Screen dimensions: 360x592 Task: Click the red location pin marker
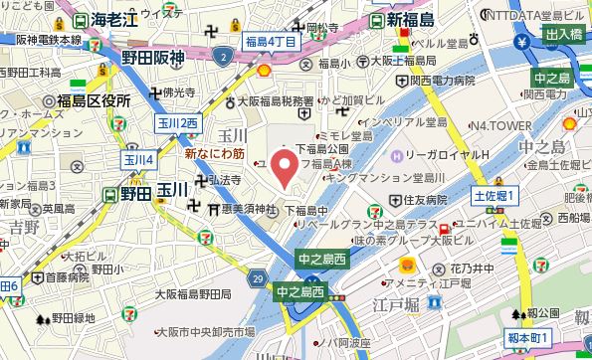pos(285,167)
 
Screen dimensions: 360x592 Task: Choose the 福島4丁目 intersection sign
pos(270,43)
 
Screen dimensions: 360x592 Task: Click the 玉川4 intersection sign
pos(138,158)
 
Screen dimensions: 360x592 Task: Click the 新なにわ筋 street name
pos(214,154)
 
